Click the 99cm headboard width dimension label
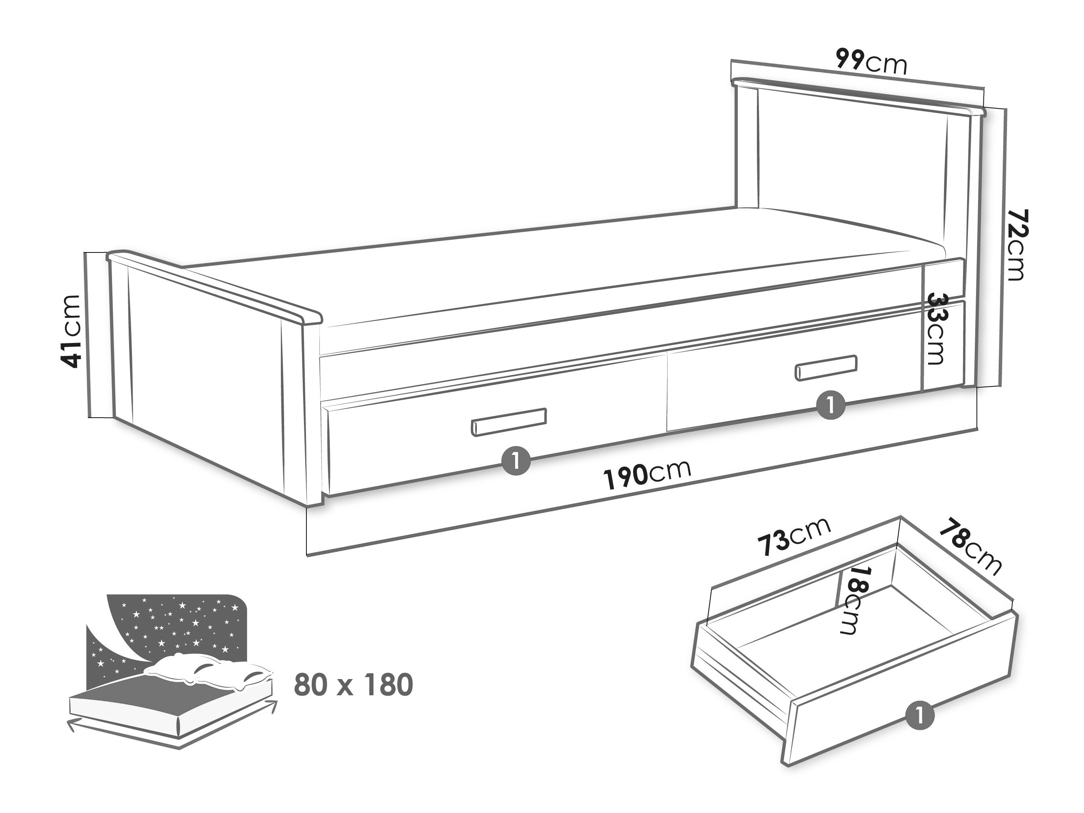pos(871,62)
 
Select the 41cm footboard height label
pos(69,331)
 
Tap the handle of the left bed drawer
pos(509,422)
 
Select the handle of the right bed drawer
pos(826,368)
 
